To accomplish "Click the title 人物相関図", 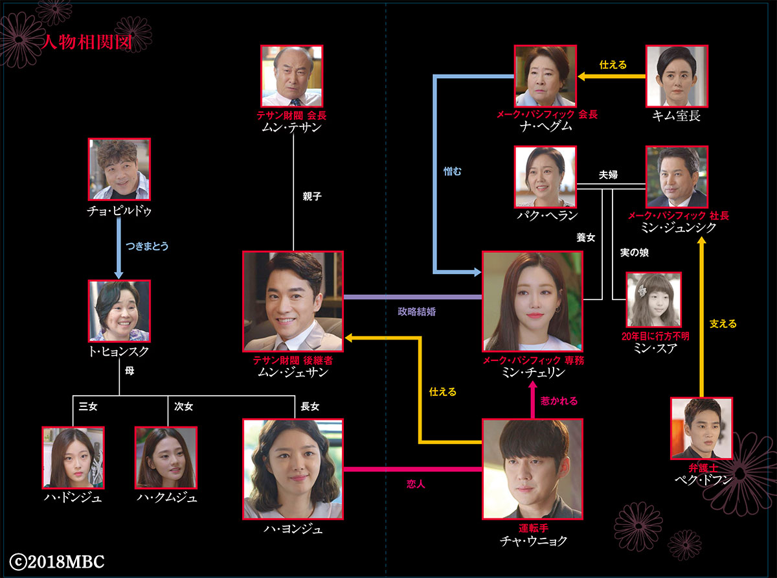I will (x=86, y=43).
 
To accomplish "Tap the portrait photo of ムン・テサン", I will (x=292, y=76).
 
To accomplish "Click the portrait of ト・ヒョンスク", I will (x=119, y=311).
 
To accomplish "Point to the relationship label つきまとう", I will (x=151, y=246).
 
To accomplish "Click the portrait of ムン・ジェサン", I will (x=293, y=301).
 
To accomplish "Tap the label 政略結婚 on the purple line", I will (x=416, y=311).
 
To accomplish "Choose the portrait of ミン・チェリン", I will (x=532, y=301).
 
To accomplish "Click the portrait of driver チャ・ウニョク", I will (x=532, y=468).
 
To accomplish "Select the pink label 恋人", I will (x=415, y=483).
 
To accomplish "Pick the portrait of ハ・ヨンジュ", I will (x=293, y=468).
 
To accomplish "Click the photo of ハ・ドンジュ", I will (x=73, y=457).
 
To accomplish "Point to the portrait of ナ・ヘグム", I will (x=545, y=76).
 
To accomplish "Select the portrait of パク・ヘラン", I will (x=545, y=176).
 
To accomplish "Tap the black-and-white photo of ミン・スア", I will (x=653, y=299).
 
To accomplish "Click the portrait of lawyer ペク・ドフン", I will (x=701, y=428).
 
